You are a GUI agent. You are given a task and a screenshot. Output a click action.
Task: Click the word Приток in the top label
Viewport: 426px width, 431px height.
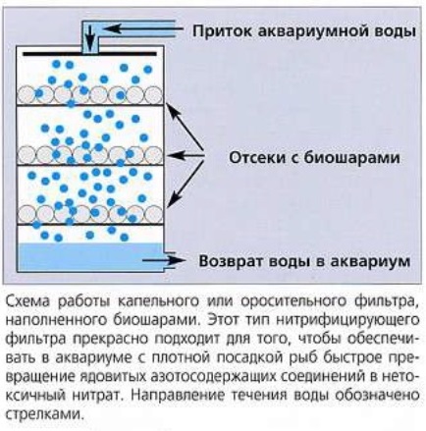pos(222,32)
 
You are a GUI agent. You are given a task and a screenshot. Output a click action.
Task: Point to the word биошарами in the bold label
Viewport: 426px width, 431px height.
pos(351,158)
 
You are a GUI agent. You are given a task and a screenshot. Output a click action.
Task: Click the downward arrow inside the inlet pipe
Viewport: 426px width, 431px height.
pos(89,36)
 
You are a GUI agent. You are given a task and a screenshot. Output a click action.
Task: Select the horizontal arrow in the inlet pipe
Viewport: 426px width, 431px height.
pos(143,28)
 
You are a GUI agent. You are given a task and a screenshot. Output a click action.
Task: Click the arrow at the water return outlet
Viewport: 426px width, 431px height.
pos(164,260)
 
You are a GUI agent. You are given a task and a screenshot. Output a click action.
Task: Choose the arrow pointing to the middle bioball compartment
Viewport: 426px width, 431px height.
pos(186,155)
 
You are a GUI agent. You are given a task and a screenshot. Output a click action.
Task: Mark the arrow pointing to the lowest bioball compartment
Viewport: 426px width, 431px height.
pos(187,182)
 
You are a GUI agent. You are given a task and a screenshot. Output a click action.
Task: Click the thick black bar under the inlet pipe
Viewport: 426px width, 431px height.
pos(89,53)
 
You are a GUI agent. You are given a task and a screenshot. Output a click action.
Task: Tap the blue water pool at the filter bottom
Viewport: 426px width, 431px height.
pos(91,257)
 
